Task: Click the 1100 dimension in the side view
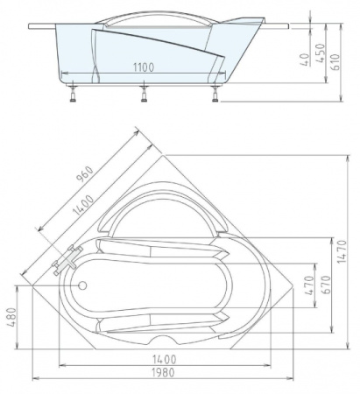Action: click(144, 67)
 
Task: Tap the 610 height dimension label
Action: click(336, 61)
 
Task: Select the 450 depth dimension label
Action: click(321, 53)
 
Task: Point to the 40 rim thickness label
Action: click(305, 60)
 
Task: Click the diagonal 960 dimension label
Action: click(84, 174)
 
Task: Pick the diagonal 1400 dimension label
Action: click(83, 205)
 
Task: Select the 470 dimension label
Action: click(309, 285)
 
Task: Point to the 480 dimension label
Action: click(11, 317)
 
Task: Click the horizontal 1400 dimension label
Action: click(164, 359)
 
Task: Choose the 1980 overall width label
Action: click(163, 372)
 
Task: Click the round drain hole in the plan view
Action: click(82, 285)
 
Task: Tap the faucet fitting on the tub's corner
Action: click(67, 260)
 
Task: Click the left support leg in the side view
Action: click(73, 94)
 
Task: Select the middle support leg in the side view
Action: click(144, 94)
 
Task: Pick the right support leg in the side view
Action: click(215, 94)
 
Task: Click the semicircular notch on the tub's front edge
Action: click(163, 340)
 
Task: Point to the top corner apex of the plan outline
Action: click(164, 155)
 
